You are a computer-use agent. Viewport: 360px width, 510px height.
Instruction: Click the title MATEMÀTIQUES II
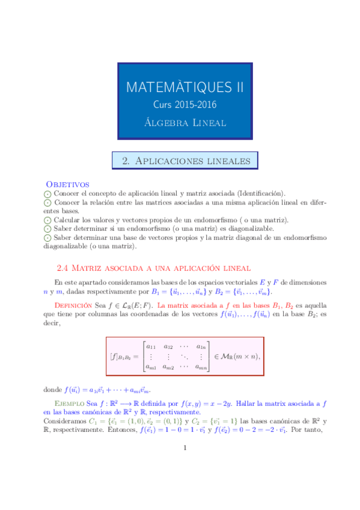coord(185,87)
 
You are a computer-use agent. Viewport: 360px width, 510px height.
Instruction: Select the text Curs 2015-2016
coord(185,105)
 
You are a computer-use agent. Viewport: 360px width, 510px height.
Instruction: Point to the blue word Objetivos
coord(68,183)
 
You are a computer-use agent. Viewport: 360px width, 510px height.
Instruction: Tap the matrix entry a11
coord(151,346)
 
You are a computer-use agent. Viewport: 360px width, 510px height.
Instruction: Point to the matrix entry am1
coord(151,367)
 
